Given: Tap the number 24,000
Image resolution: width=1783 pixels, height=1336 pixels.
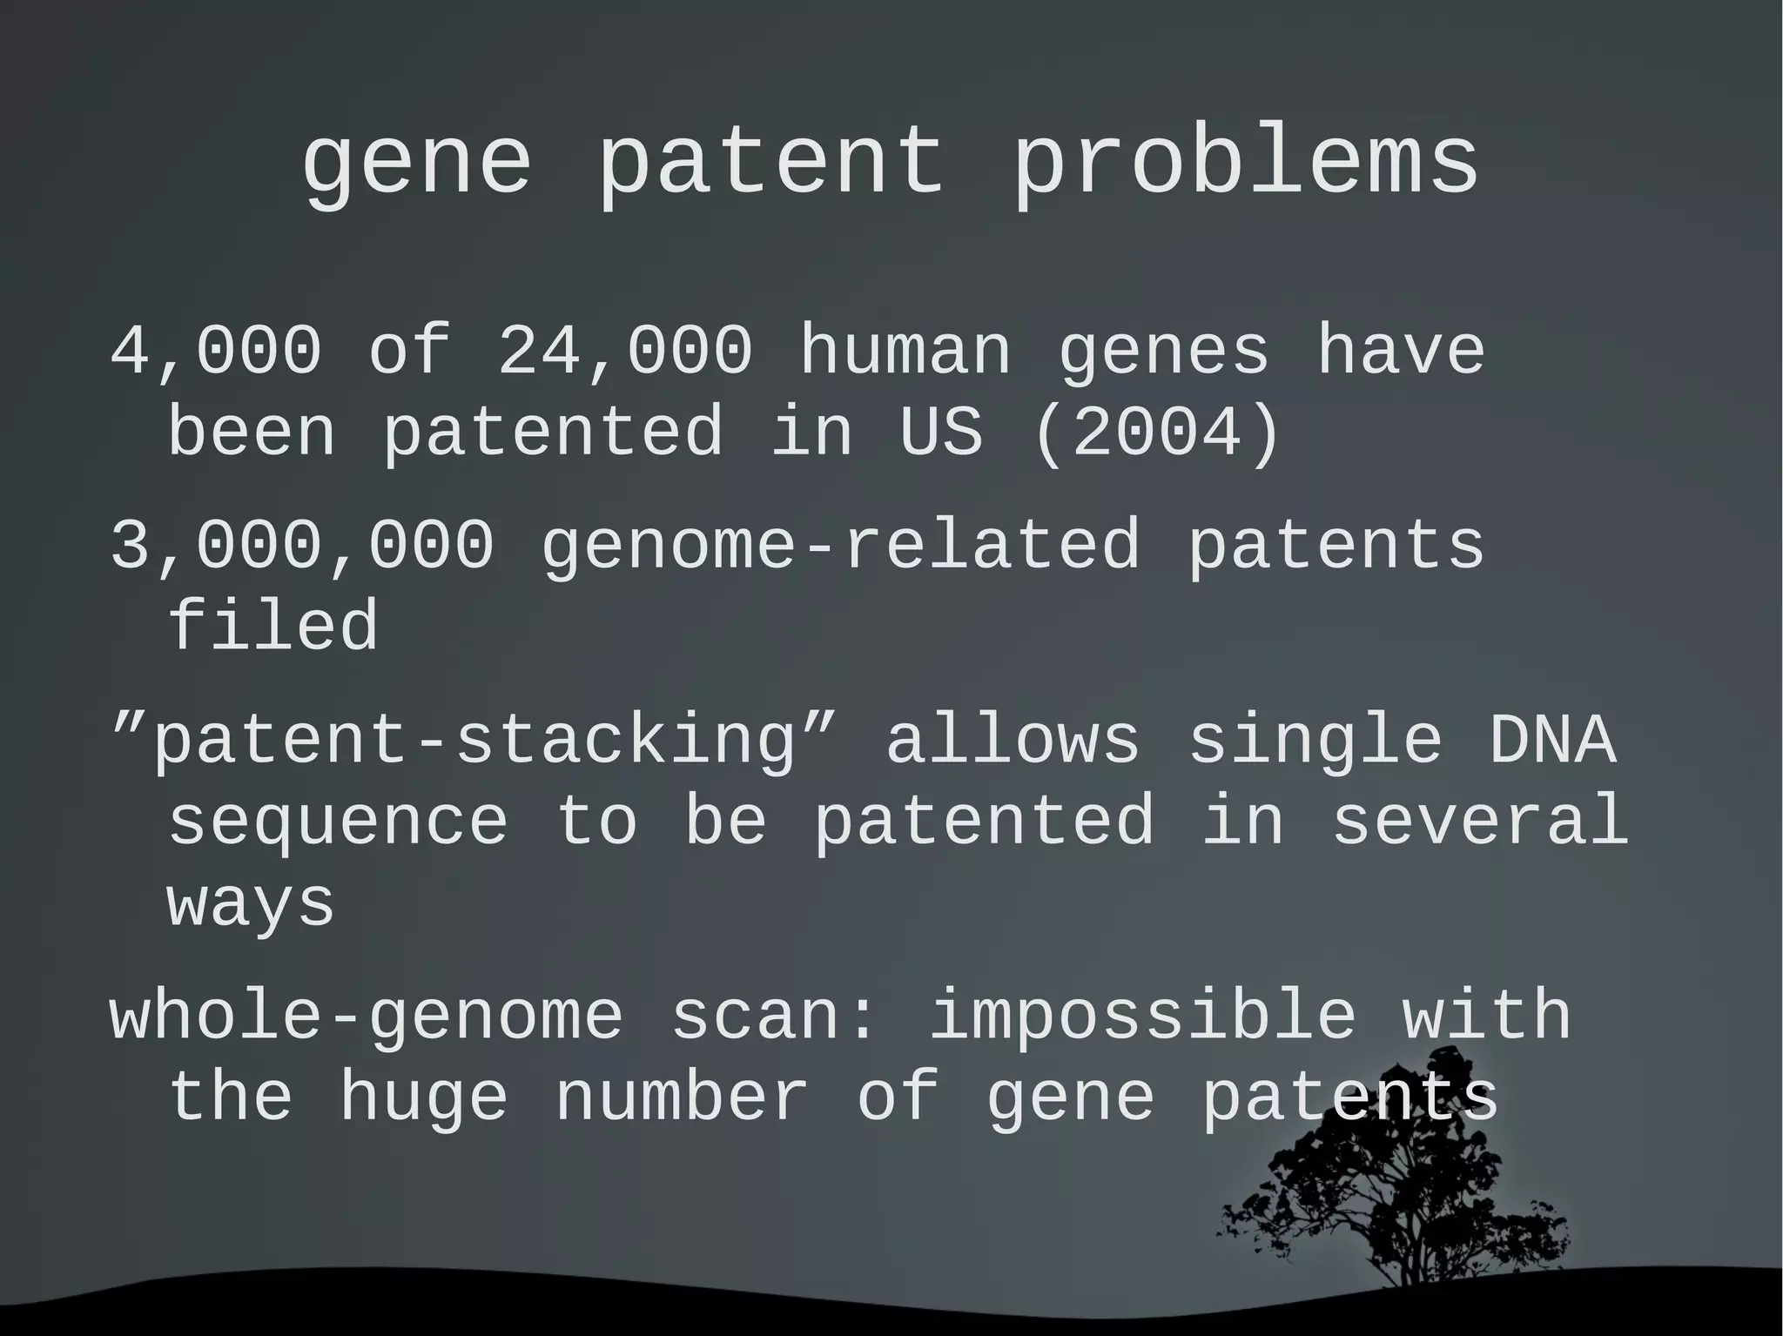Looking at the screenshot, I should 624,351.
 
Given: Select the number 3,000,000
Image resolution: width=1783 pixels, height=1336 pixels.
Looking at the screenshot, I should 302,546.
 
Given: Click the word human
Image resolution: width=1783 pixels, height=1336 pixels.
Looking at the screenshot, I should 905,351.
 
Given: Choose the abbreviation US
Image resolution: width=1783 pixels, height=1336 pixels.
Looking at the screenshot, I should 940,433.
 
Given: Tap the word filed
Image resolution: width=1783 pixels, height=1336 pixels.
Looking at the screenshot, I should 272,626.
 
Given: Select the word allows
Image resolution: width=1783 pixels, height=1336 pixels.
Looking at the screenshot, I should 1013,741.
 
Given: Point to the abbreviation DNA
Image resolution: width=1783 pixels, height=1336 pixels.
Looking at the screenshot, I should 1552,741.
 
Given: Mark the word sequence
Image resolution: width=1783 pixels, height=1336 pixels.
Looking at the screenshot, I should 338,821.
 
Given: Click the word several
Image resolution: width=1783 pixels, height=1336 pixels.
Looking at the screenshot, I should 1480,821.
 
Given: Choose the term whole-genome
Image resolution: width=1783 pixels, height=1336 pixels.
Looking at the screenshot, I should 367,1016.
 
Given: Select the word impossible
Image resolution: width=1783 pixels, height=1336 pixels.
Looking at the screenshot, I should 1142,1016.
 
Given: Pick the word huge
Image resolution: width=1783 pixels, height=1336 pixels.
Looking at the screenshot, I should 423,1098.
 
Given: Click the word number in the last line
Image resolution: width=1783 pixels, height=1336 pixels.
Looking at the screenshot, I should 681,1098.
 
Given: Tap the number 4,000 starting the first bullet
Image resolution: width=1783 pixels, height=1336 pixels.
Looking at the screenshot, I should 216,351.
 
